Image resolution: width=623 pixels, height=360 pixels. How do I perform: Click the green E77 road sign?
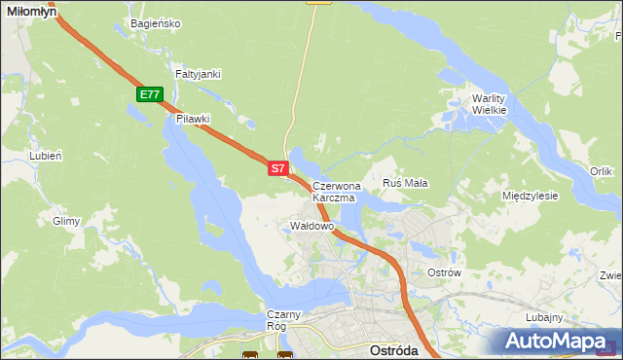(x=149, y=94)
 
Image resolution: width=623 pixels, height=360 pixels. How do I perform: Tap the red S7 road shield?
(x=277, y=168)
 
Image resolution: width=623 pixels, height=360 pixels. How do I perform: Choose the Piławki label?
(x=194, y=119)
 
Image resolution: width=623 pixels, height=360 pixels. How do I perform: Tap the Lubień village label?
(x=46, y=155)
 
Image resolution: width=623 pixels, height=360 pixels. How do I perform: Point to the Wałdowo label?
(x=312, y=226)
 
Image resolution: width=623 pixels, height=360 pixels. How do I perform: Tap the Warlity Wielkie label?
(x=491, y=104)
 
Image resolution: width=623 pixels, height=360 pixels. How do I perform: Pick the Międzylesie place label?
(x=530, y=196)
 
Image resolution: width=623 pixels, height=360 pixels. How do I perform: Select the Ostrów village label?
(x=444, y=272)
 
